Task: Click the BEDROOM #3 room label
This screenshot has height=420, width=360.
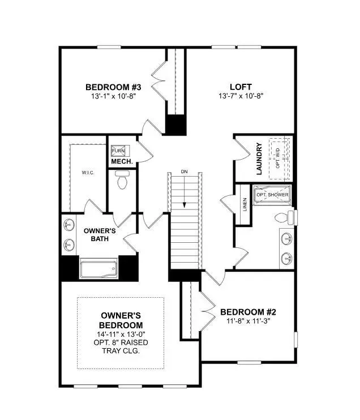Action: pyautogui.click(x=113, y=87)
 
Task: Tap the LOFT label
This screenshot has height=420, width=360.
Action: pyautogui.click(x=241, y=87)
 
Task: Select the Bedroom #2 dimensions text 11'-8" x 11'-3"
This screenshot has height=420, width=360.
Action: pyautogui.click(x=248, y=322)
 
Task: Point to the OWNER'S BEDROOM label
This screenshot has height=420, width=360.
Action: pyautogui.click(x=121, y=320)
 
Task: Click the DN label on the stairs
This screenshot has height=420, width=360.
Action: pyautogui.click(x=184, y=172)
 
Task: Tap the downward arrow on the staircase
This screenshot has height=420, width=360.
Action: pyautogui.click(x=184, y=198)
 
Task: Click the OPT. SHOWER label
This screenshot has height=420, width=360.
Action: pyautogui.click(x=272, y=195)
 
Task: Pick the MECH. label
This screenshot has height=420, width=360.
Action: pyautogui.click(x=122, y=162)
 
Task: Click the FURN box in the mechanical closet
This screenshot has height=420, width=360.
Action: pyautogui.click(x=118, y=151)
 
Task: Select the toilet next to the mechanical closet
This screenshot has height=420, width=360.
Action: pyautogui.click(x=121, y=181)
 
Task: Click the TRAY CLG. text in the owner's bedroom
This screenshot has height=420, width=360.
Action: pyautogui.click(x=121, y=351)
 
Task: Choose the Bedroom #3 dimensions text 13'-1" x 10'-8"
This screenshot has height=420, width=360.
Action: pyautogui.click(x=113, y=96)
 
